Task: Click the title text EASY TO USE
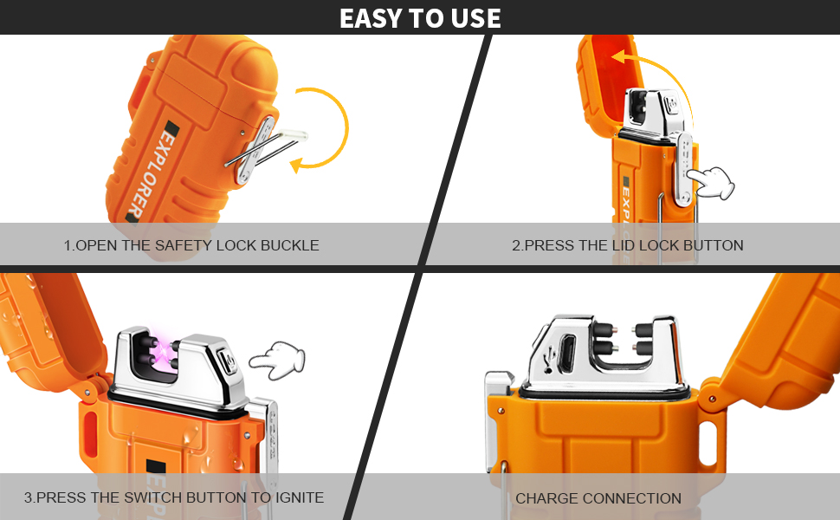420,17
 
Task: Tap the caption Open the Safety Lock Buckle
191,245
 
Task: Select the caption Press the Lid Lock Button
627,245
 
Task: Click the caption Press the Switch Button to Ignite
173,497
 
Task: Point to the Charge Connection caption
598,498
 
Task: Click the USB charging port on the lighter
567,354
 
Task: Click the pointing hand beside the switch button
277,360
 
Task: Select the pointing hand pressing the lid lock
710,182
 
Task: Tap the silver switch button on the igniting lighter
229,361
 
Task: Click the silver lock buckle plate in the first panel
255,150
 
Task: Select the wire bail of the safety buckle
266,147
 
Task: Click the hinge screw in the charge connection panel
713,399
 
